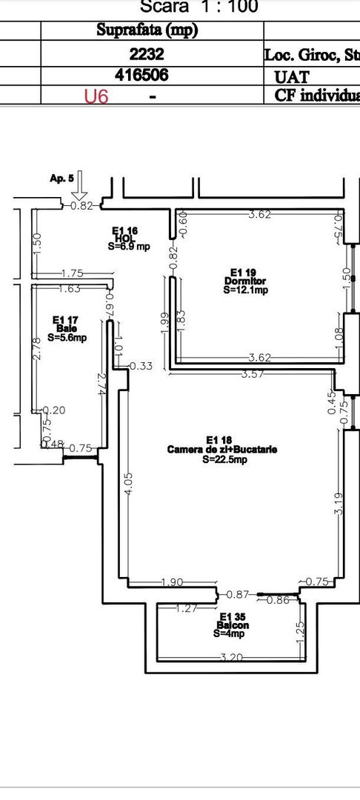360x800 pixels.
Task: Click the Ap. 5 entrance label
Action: pos(61,179)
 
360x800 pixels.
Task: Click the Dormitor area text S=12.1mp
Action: pos(245,291)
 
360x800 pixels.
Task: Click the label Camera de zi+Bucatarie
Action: pos(212,449)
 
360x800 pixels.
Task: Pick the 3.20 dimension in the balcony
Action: pos(231,657)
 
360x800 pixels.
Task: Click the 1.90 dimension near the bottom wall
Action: pos(172,583)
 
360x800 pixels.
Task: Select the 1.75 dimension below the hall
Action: pos(72,273)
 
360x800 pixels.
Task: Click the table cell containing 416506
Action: pos(152,76)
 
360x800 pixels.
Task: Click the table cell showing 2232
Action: pos(152,54)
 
